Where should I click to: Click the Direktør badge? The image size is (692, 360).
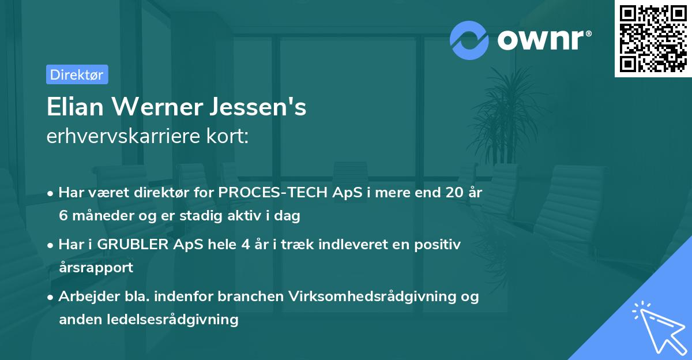[77, 74]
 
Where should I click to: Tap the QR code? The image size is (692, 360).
[653, 39]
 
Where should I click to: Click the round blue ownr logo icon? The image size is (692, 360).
[469, 40]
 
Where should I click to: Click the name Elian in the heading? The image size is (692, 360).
[77, 107]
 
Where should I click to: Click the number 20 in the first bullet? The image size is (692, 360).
[445, 193]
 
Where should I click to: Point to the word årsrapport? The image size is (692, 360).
[96, 267]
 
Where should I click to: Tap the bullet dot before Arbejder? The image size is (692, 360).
[51, 297]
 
